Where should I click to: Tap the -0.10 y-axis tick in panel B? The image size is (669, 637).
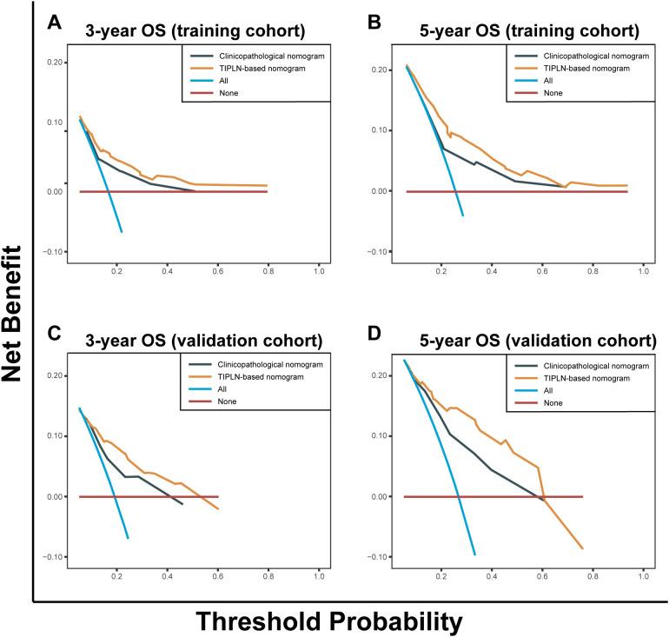tap(378, 251)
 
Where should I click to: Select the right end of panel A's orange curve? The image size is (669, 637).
tap(267, 185)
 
